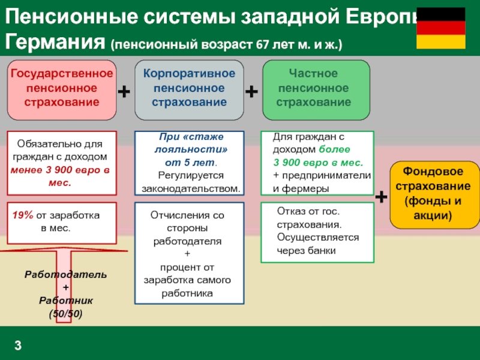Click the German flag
click(x=440, y=28)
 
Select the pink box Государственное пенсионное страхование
click(x=61, y=88)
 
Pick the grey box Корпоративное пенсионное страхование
click(x=189, y=88)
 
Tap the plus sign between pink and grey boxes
click(x=124, y=91)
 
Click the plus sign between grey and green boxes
click(x=252, y=91)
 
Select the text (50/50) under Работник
click(x=66, y=313)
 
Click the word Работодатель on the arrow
click(x=66, y=274)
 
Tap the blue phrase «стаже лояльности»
click(x=189, y=145)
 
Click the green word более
click(x=331, y=149)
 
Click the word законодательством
click(x=190, y=188)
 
